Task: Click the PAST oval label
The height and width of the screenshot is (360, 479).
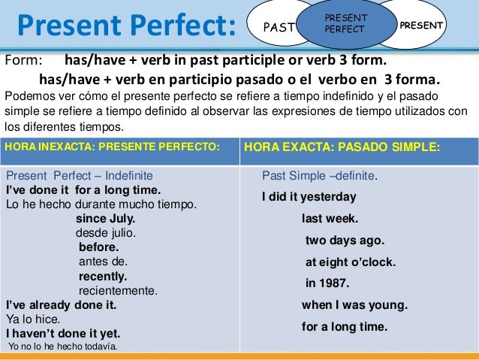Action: tap(278, 27)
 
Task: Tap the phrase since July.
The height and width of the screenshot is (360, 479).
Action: tap(105, 219)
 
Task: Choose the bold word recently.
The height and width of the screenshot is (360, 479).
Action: tap(103, 276)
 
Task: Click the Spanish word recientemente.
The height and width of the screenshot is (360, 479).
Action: tap(118, 290)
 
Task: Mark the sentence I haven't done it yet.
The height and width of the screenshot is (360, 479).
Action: tap(63, 333)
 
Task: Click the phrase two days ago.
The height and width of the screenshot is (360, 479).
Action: tap(345, 241)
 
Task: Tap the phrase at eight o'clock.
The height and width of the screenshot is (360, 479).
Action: tap(350, 262)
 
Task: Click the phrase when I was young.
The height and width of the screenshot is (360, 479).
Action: tap(354, 305)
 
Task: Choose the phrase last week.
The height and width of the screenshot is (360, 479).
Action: tap(330, 219)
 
